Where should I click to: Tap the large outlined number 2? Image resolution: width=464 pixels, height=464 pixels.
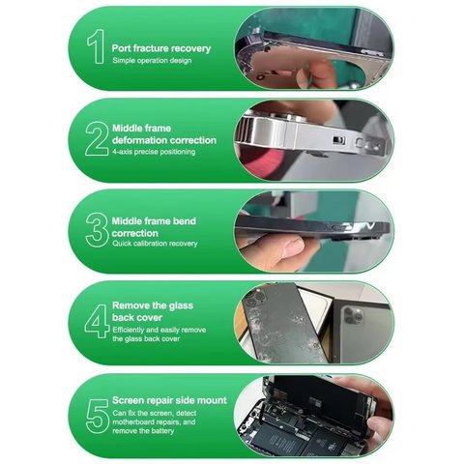[x=97, y=139]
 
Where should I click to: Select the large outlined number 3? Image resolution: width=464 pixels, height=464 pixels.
[x=97, y=230]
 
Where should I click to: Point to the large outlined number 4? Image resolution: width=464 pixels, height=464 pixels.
[x=97, y=321]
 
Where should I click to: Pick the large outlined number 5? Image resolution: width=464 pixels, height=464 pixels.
[x=98, y=417]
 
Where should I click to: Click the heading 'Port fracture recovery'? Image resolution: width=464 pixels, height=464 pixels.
[x=161, y=48]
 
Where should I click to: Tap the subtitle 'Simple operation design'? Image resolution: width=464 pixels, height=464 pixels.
[x=152, y=61]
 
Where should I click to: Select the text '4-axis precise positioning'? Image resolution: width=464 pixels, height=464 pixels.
[x=154, y=152]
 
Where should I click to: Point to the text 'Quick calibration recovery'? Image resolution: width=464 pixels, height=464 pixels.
[x=155, y=244]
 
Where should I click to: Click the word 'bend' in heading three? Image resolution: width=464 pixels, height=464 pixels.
[x=185, y=221]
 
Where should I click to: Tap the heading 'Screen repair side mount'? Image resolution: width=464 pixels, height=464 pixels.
[x=169, y=400]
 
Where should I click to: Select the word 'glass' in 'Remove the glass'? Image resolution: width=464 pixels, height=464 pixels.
[x=180, y=305]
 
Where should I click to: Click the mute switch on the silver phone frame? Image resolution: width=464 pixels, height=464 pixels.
[x=338, y=140]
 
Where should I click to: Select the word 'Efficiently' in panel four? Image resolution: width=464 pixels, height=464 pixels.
[x=129, y=330]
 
